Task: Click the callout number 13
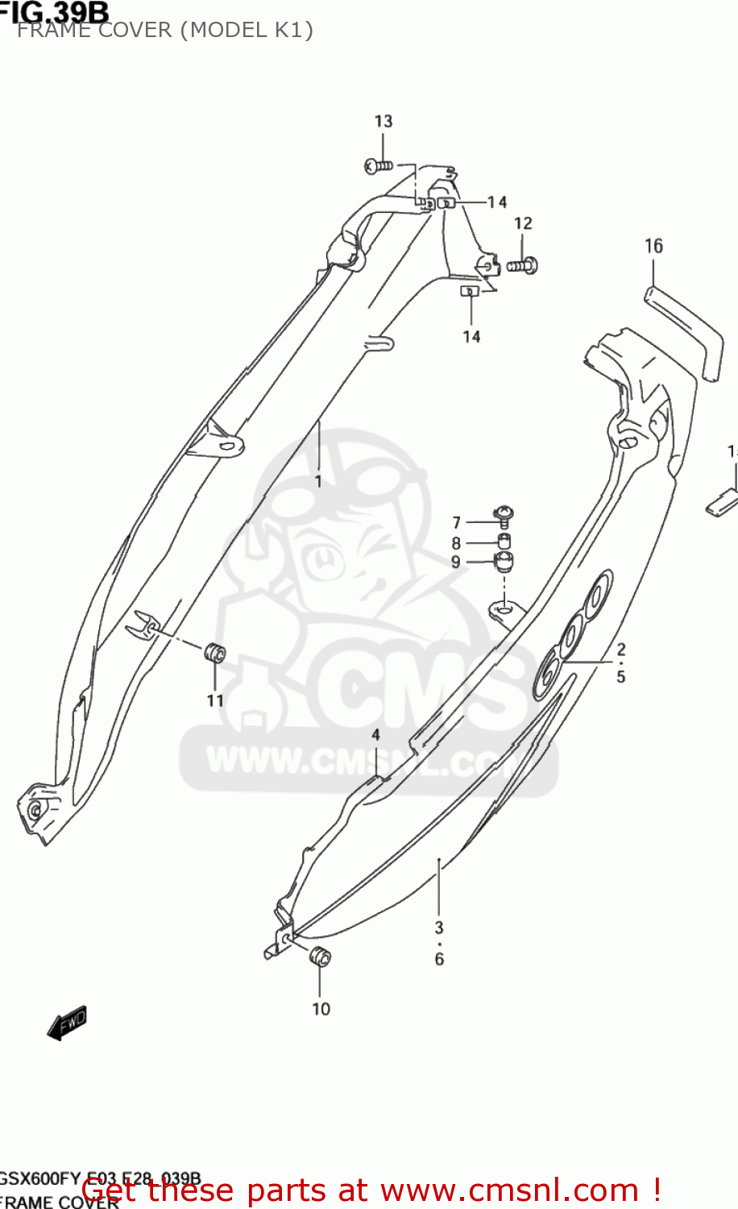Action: point(384,121)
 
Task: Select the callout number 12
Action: point(523,223)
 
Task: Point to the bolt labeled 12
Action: point(524,264)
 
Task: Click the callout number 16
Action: point(653,246)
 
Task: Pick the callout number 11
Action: point(215,700)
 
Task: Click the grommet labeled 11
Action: point(214,651)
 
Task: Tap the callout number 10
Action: point(321,1009)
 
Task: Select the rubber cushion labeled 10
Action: point(320,956)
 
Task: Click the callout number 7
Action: point(456,522)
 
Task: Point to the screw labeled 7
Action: point(504,513)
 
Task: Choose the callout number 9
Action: point(456,562)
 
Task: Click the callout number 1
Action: point(318,481)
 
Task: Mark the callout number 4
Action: point(375,735)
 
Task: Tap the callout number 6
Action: point(439,959)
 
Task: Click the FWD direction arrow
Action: point(68,1023)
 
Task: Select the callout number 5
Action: point(621,676)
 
